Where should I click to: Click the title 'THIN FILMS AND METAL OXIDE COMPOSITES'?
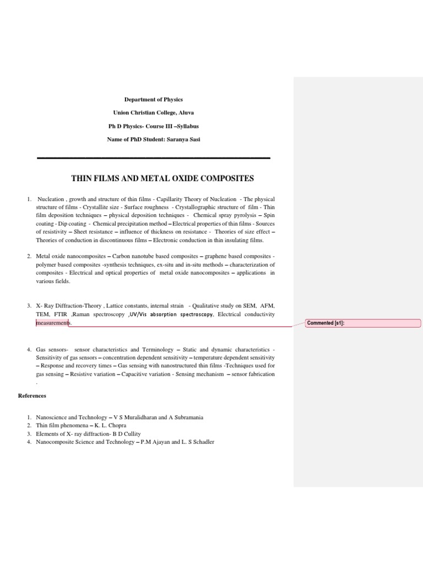(x=162, y=178)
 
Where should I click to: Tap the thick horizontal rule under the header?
(x=154, y=159)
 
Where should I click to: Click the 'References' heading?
(x=32, y=395)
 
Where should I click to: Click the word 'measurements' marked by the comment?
(x=53, y=323)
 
